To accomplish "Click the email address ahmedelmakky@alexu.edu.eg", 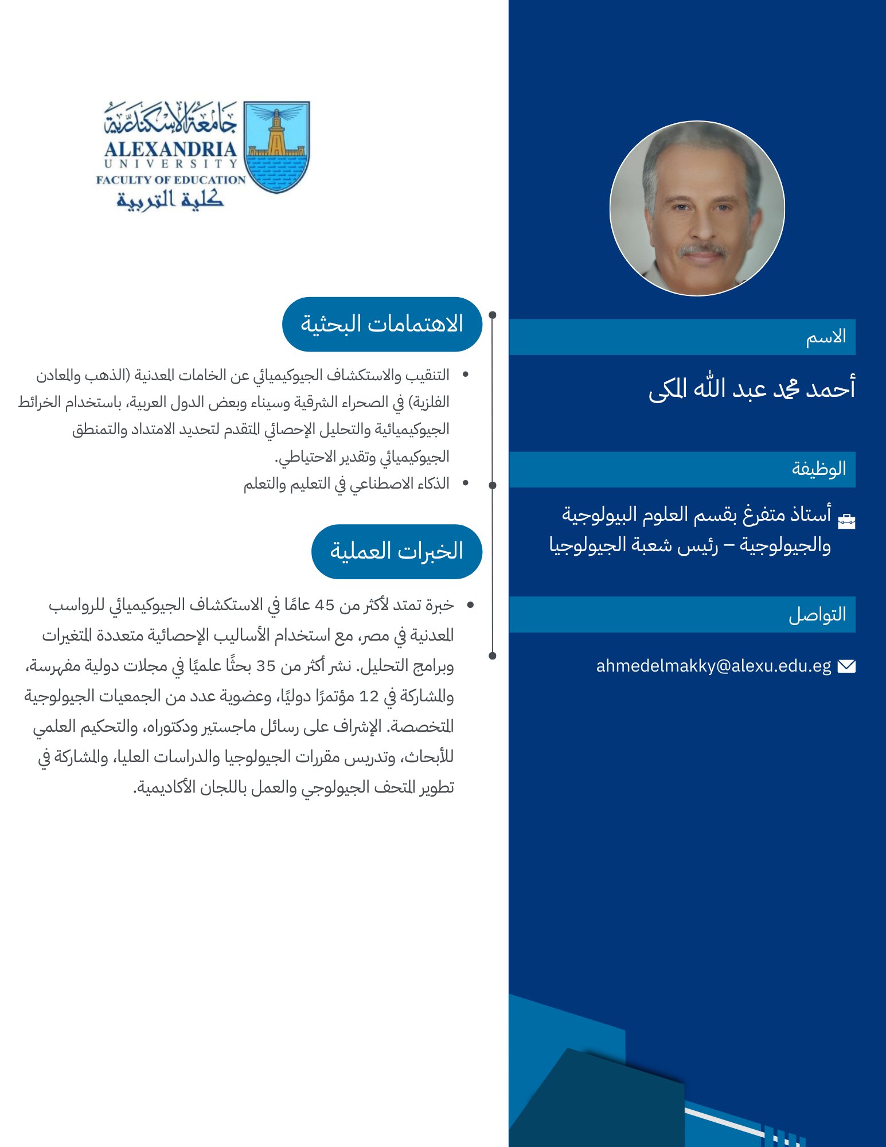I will [713, 666].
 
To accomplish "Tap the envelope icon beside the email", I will [846, 666].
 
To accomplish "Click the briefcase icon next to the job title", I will [846, 520].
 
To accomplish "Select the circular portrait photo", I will [697, 208].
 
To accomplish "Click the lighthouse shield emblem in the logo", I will [276, 147].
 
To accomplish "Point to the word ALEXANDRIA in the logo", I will [170, 149].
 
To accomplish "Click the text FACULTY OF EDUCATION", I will [170, 180].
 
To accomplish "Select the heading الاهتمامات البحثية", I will [382, 324].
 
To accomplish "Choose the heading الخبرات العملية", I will [396, 551].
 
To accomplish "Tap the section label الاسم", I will [826, 337].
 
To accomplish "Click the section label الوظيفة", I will [819, 469].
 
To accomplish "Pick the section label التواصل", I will [817, 615].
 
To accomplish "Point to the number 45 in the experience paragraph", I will [325, 605].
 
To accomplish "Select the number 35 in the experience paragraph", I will [266, 666].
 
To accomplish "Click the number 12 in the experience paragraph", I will [369, 696].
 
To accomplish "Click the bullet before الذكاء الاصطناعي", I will [465, 483].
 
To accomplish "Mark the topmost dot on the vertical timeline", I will [492, 315].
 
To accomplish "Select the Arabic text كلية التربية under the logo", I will [170, 199].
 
